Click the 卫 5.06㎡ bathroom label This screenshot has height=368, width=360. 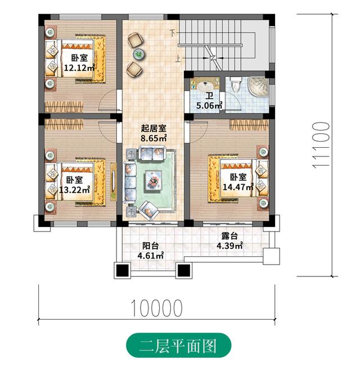click(209, 101)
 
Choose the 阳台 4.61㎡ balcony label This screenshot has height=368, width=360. click(150, 251)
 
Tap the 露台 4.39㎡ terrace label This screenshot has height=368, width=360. click(229, 242)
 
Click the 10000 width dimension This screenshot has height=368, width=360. click(157, 307)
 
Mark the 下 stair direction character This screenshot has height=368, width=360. click(173, 33)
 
